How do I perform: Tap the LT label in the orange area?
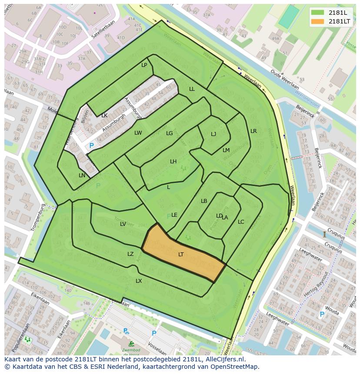coord(181,255)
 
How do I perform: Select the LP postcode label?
coord(144,65)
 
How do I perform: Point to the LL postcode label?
coord(192,89)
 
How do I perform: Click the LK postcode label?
coord(104,116)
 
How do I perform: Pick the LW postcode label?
coord(138,133)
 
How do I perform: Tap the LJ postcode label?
coord(213,134)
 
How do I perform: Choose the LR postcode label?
coord(253,131)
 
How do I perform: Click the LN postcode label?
coord(82,175)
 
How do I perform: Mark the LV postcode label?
coord(123,224)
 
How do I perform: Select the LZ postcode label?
coord(130,254)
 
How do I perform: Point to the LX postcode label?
coord(139,281)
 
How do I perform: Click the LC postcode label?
coord(241,222)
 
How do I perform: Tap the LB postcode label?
coord(204,201)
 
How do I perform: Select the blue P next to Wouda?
coord(322,314)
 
